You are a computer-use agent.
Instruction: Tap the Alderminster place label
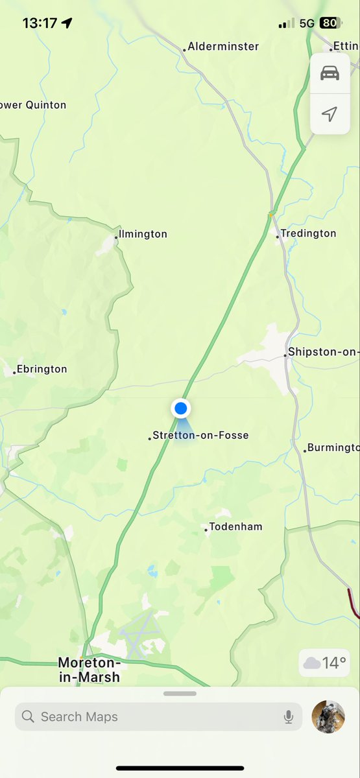(x=223, y=47)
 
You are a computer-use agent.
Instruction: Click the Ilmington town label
(x=143, y=234)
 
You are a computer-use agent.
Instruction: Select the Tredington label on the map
(x=308, y=233)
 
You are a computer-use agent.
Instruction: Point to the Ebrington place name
(x=42, y=369)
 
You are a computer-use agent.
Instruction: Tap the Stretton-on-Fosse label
(x=200, y=436)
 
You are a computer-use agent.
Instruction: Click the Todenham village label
(x=235, y=527)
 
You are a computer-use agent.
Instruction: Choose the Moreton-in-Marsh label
(x=89, y=670)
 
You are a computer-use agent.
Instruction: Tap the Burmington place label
(x=332, y=447)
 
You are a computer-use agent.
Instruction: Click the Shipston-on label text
(x=323, y=352)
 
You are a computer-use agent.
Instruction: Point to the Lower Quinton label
(x=33, y=105)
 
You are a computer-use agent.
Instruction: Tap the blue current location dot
(x=181, y=408)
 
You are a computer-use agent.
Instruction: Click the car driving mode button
(x=330, y=73)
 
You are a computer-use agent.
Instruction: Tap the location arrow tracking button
(x=330, y=114)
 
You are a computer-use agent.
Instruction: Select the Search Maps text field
(x=156, y=716)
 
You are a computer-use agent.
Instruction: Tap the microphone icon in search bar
(x=289, y=716)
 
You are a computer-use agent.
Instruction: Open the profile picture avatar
(x=328, y=716)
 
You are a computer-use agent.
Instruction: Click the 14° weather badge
(x=325, y=663)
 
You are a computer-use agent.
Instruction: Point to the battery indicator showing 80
(x=330, y=23)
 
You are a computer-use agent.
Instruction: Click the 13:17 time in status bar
(x=40, y=23)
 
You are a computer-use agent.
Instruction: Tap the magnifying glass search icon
(x=28, y=716)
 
